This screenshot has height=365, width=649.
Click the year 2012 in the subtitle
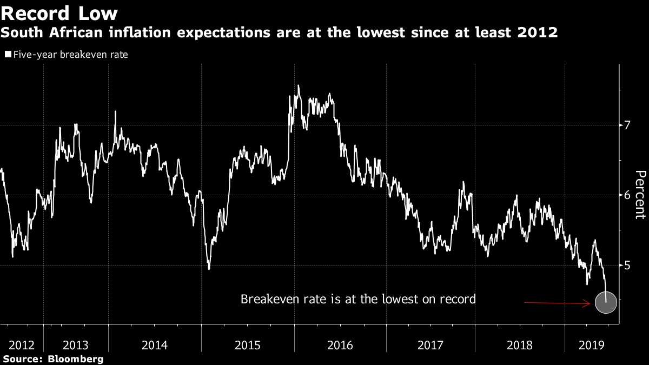point(538,32)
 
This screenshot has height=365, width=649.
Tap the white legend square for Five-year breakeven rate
point(8,55)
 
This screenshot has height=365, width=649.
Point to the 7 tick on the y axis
point(627,125)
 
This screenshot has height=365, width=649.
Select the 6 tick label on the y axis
point(627,195)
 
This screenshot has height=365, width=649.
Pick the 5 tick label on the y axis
point(627,266)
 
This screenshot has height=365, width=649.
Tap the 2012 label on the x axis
point(22,345)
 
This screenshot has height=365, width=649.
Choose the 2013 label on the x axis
point(76,345)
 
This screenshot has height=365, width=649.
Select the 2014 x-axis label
point(155,345)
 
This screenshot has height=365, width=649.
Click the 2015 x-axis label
point(248,345)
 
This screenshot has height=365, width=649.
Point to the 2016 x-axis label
point(340,345)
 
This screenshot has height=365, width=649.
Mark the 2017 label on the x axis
point(431,345)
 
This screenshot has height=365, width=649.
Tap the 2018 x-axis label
point(519,345)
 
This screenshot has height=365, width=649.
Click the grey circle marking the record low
point(605,302)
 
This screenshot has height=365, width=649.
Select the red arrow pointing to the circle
point(557,304)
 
